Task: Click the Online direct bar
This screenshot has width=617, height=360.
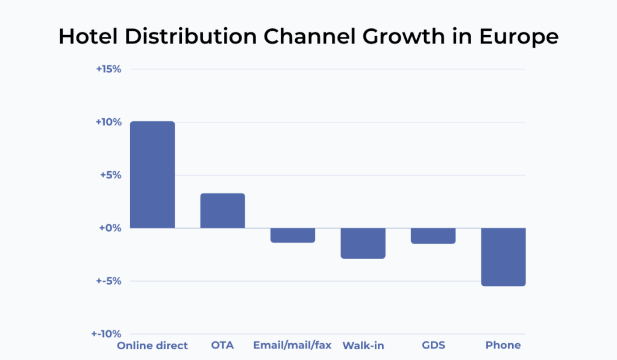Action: click(x=152, y=175)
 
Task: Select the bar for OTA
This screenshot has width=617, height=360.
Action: click(x=222, y=210)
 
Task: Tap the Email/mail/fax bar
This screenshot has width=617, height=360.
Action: click(x=292, y=235)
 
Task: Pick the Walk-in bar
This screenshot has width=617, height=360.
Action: click(x=363, y=243)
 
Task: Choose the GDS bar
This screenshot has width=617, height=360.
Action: click(x=433, y=236)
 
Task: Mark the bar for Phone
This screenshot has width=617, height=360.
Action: click(x=503, y=257)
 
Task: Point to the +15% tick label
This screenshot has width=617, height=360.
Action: click(x=109, y=69)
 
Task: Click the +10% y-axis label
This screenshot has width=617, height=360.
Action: click(x=109, y=122)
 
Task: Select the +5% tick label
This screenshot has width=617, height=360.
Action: click(x=111, y=175)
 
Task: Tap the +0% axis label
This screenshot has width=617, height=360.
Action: click(x=111, y=228)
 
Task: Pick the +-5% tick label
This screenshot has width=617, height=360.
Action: click(x=110, y=281)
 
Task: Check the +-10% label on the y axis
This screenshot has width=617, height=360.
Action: click(x=107, y=334)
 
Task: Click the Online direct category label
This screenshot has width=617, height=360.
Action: click(x=152, y=346)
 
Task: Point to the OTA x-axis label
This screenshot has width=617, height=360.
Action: click(x=222, y=346)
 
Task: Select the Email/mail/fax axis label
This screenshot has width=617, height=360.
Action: click(x=292, y=346)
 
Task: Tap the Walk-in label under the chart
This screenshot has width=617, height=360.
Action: click(x=363, y=346)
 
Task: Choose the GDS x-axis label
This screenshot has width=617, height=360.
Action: click(x=433, y=346)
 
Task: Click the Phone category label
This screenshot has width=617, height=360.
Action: click(x=503, y=346)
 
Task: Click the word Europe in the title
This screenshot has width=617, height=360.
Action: click(x=519, y=37)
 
